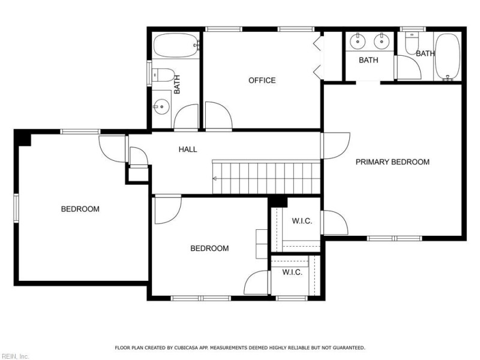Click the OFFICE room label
(262, 80)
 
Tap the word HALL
(188, 149)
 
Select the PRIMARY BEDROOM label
(392, 162)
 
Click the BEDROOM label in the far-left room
(80, 209)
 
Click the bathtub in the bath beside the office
(176, 45)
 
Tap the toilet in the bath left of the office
(163, 76)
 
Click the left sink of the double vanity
(358, 41)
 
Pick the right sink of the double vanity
(380, 41)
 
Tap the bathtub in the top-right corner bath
(447, 56)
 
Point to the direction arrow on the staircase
(215, 178)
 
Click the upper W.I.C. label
(302, 221)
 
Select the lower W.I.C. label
(292, 272)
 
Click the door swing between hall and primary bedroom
(336, 146)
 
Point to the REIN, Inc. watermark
(15, 356)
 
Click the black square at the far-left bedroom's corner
(23, 138)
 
